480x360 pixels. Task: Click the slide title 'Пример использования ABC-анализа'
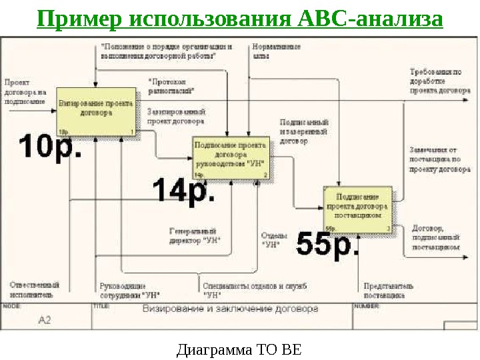tap(240, 18)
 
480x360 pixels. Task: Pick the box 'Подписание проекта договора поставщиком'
tap(358, 207)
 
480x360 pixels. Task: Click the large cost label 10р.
tap(51, 145)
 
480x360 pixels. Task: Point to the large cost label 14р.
tap(184, 191)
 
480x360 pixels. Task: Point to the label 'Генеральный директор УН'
tap(195, 235)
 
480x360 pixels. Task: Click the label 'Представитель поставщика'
tap(389, 290)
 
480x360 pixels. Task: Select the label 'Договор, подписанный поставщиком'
tap(436, 237)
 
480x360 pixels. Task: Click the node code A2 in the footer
tap(44, 321)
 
